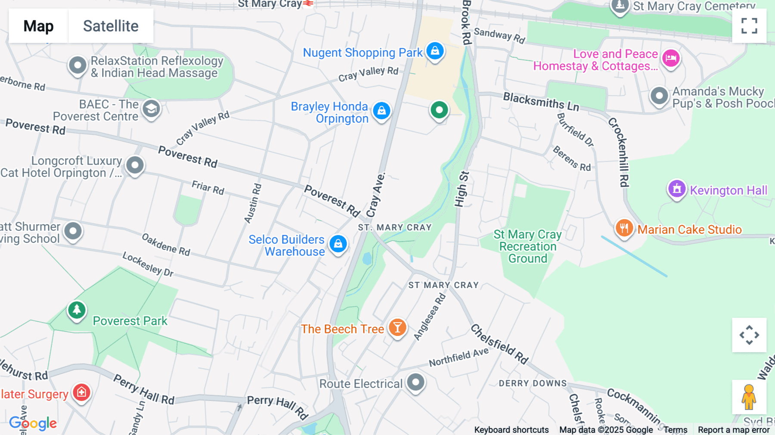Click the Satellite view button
111,26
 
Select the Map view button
38,26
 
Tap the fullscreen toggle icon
749,26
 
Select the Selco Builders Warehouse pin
338,244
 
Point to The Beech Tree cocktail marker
397,328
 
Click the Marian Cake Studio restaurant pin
624,228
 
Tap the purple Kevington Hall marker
676,189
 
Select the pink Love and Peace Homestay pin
671,58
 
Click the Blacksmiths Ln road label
541,101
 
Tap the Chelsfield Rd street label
499,344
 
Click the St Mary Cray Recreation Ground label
527,246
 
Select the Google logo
33,423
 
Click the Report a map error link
734,430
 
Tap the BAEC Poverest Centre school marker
151,109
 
